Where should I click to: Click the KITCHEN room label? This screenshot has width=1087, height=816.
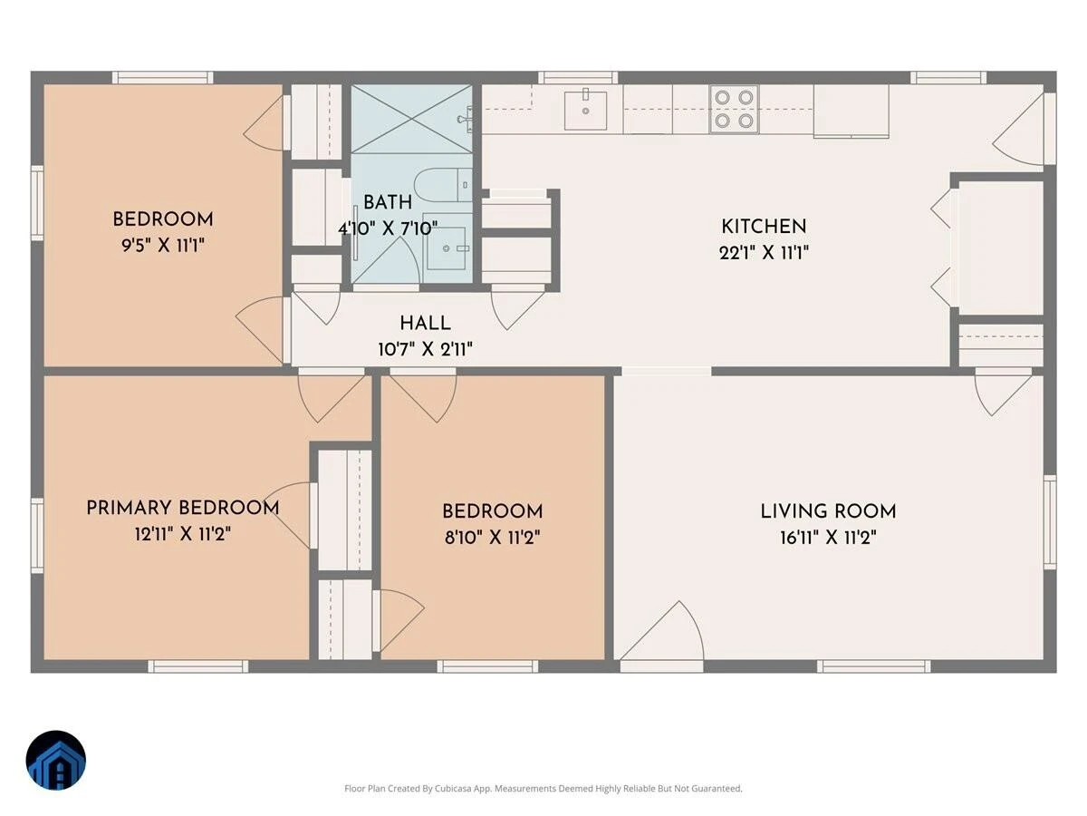[x=764, y=227]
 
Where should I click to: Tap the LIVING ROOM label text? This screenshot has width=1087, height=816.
[x=829, y=511]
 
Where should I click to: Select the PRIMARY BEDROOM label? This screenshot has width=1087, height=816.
[x=183, y=508]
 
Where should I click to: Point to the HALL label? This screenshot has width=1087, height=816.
[x=426, y=324]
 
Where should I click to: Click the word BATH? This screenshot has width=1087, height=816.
[x=388, y=202]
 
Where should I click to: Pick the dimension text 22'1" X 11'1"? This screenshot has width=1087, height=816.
[x=764, y=253]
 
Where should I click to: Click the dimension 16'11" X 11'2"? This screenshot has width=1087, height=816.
[x=829, y=538]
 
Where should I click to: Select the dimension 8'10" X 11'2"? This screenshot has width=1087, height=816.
[x=492, y=538]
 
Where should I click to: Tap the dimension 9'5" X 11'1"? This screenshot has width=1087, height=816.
[x=163, y=245]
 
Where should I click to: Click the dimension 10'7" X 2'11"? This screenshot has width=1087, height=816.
[x=426, y=349]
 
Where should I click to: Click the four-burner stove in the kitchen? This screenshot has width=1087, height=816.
[x=734, y=109]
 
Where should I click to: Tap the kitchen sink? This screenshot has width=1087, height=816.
[x=585, y=110]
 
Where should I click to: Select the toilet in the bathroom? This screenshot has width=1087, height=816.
[x=442, y=185]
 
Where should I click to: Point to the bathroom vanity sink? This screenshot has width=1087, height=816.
[x=447, y=248]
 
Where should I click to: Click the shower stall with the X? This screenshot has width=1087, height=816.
[x=411, y=119]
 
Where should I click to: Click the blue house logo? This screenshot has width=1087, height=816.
[x=56, y=760]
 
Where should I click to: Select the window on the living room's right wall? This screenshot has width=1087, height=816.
[x=1050, y=522]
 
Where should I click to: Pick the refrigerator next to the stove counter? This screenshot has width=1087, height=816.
[x=851, y=111]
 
